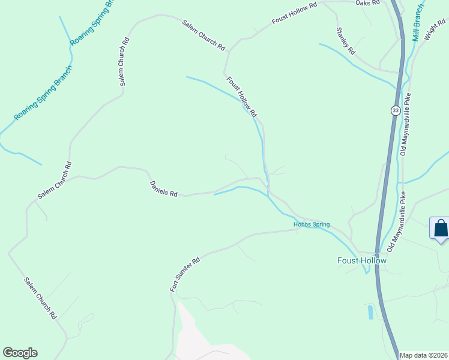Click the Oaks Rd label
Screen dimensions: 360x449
(368, 3)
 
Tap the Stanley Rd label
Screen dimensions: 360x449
(346, 41)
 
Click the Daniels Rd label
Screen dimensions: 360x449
(164, 190)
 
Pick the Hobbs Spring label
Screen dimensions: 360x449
(312, 225)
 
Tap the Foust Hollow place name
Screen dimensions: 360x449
(361, 260)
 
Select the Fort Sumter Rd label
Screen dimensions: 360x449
(184, 275)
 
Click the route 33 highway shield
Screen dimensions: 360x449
(394, 110)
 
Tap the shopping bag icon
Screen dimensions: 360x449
(441, 229)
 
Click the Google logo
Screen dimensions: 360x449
(20, 353)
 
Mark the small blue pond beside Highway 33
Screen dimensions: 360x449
(370, 311)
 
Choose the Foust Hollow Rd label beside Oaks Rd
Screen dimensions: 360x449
(294, 13)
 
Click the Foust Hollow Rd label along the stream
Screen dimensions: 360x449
(242, 96)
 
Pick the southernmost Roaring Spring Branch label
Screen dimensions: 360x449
(43, 93)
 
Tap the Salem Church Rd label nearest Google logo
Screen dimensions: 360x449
(41, 298)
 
